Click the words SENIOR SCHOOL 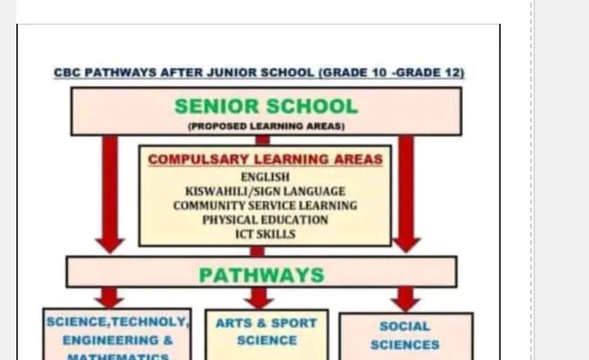266,106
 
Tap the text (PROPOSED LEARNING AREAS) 266,126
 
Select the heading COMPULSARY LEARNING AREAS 265,160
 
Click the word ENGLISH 265,177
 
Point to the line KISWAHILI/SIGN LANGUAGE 265,191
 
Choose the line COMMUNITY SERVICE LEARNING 265,205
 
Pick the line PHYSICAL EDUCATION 265,220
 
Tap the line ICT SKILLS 265,234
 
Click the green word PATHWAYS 262,275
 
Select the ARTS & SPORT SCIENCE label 266,331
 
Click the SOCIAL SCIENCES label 405,335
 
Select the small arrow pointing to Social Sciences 405,299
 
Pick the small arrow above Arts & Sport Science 259,298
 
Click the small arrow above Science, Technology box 109,297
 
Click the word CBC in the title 68,73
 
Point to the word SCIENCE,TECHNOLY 117,322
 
